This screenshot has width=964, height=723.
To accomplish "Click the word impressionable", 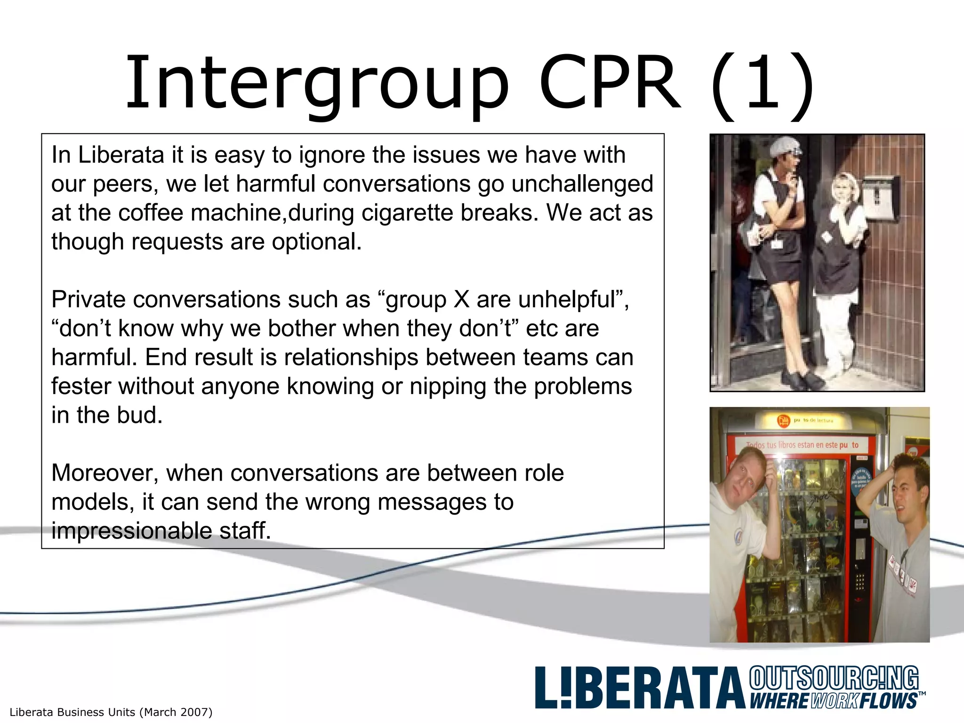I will [131, 531].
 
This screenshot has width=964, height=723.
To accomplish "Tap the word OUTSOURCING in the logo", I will [834, 678].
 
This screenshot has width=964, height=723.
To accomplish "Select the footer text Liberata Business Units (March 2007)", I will [111, 712].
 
